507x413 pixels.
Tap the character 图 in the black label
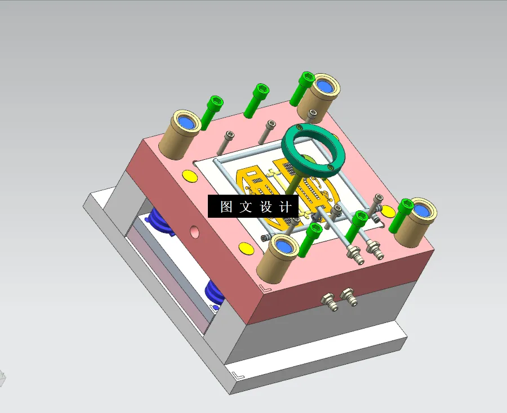[x=226, y=206]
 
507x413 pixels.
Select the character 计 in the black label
[x=285, y=206]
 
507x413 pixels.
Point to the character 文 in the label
[x=246, y=206]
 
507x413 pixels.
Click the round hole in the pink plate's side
[x=195, y=231]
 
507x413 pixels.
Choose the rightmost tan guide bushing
[x=416, y=222]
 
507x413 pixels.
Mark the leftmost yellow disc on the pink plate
[x=189, y=176]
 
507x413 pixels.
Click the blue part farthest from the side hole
[x=215, y=294]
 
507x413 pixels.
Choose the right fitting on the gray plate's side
[x=349, y=296]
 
